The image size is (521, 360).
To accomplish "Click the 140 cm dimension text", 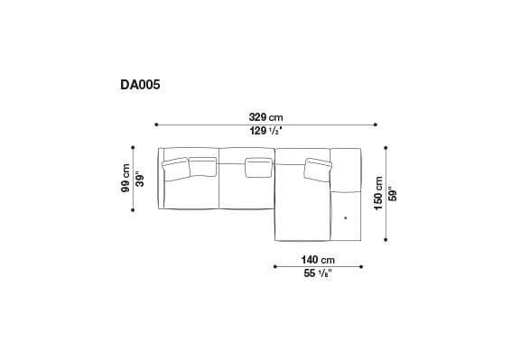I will click(x=317, y=259).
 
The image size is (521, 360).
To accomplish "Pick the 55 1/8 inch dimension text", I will click(x=317, y=273).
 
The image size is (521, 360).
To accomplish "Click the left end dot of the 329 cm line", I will click(x=157, y=125).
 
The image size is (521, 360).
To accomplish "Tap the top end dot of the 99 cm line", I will click(x=134, y=148).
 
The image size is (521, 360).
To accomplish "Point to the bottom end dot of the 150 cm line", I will click(x=386, y=241).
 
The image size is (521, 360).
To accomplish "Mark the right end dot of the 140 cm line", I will click(x=361, y=266).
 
